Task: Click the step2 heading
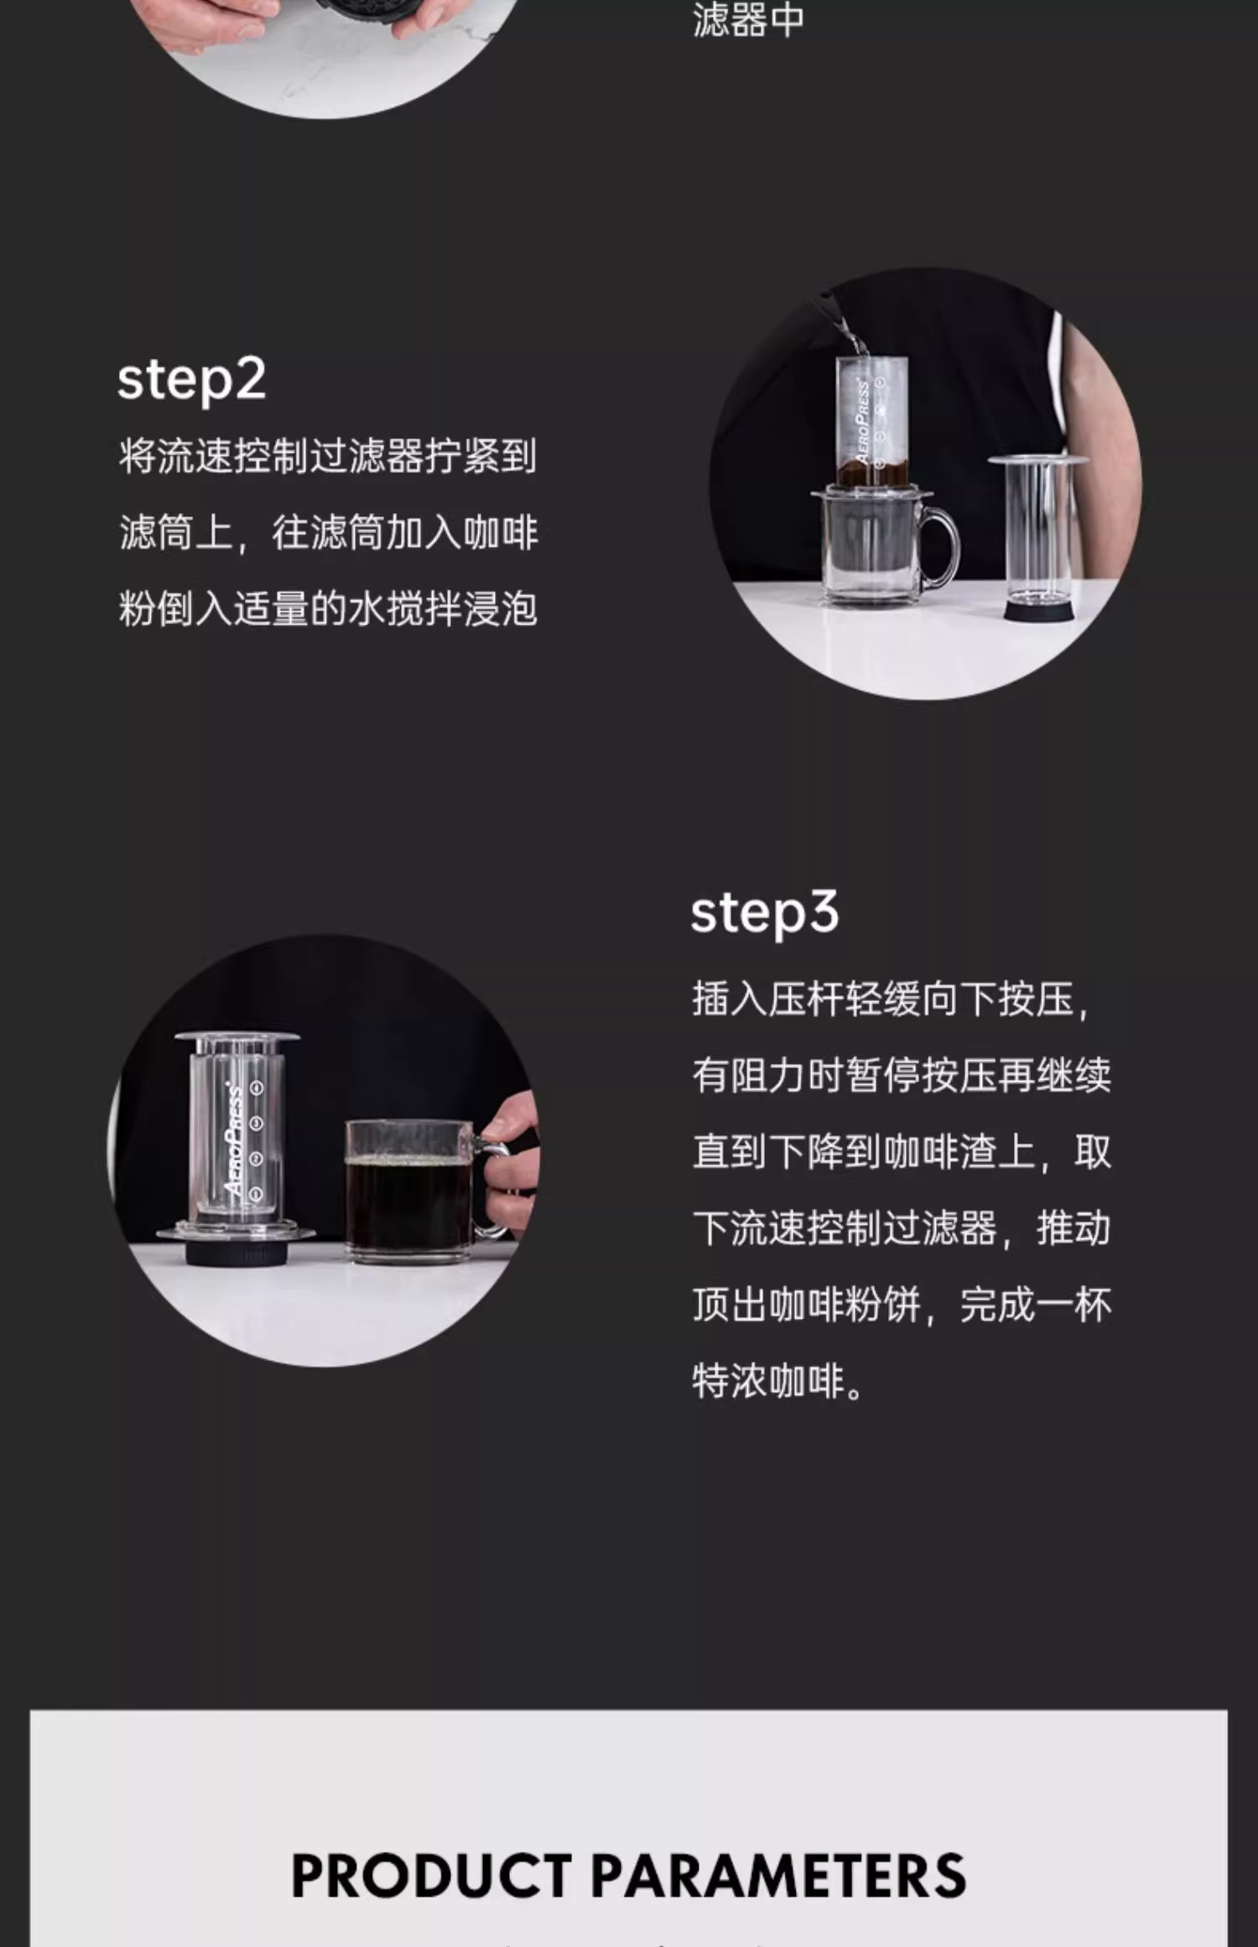tap(191, 380)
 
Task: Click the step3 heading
tap(764, 913)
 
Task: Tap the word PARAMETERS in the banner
tap(779, 1875)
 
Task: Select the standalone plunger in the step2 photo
tap(1038, 537)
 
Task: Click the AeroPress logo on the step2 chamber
tap(862, 423)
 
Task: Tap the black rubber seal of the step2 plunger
tap(1039, 610)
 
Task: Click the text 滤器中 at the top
tap(748, 20)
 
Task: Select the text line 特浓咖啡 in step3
tap(777, 1381)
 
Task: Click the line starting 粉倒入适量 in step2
tap(328, 609)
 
